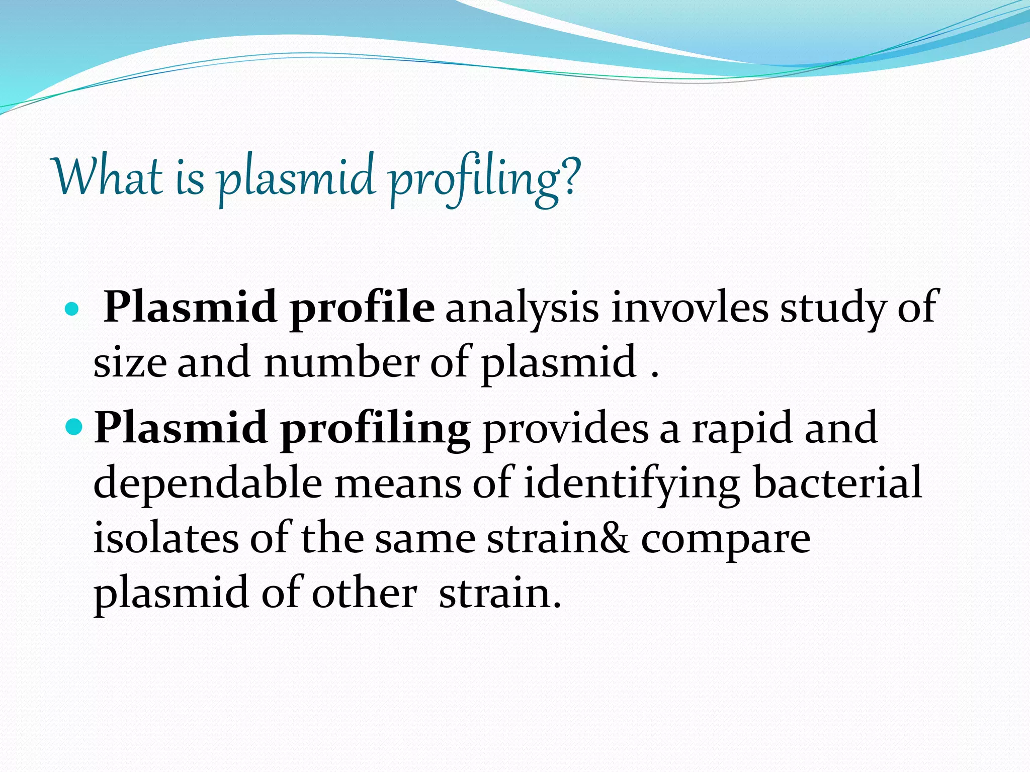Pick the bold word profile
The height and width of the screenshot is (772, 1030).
point(362,308)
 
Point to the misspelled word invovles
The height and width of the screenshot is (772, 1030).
point(690,307)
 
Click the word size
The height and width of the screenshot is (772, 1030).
point(130,363)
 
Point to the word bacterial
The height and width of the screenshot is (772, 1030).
point(838,483)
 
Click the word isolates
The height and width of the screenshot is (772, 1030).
point(166,538)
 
